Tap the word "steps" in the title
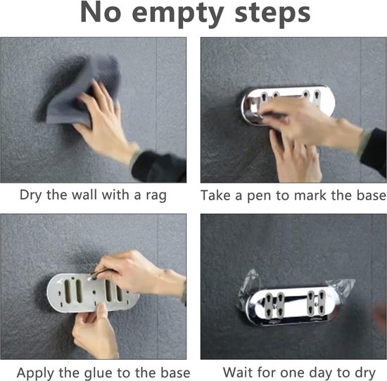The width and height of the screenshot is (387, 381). pyautogui.click(x=273, y=13)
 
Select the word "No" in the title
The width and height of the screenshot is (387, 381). pyautogui.click(x=101, y=13)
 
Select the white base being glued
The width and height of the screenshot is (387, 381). pyautogui.click(x=93, y=292)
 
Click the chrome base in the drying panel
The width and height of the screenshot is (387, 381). pyautogui.click(x=293, y=305)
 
